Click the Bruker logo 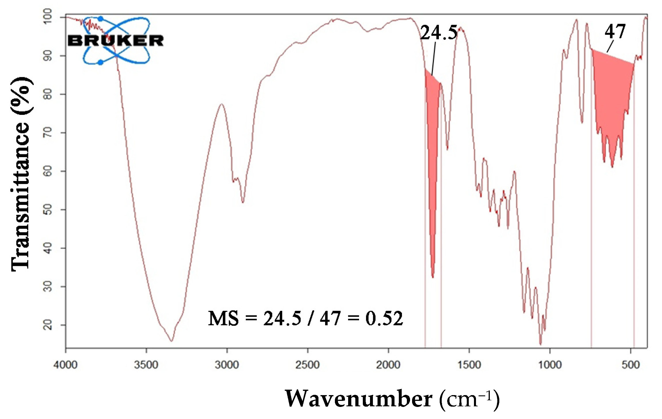[x=116, y=40]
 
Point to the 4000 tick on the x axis [x=65, y=365]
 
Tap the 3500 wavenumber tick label [x=146, y=365]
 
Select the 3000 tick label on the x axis [x=227, y=365]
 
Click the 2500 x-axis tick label [x=308, y=365]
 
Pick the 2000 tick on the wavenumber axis [x=388, y=365]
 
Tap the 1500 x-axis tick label [x=469, y=365]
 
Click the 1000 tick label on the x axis [x=550, y=365]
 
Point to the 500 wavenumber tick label [x=631, y=365]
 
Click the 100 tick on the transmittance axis [x=48, y=17]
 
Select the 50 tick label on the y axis [x=48, y=209]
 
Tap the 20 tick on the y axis [x=48, y=325]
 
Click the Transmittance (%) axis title [x=21, y=174]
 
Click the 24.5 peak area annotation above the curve [x=439, y=32]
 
